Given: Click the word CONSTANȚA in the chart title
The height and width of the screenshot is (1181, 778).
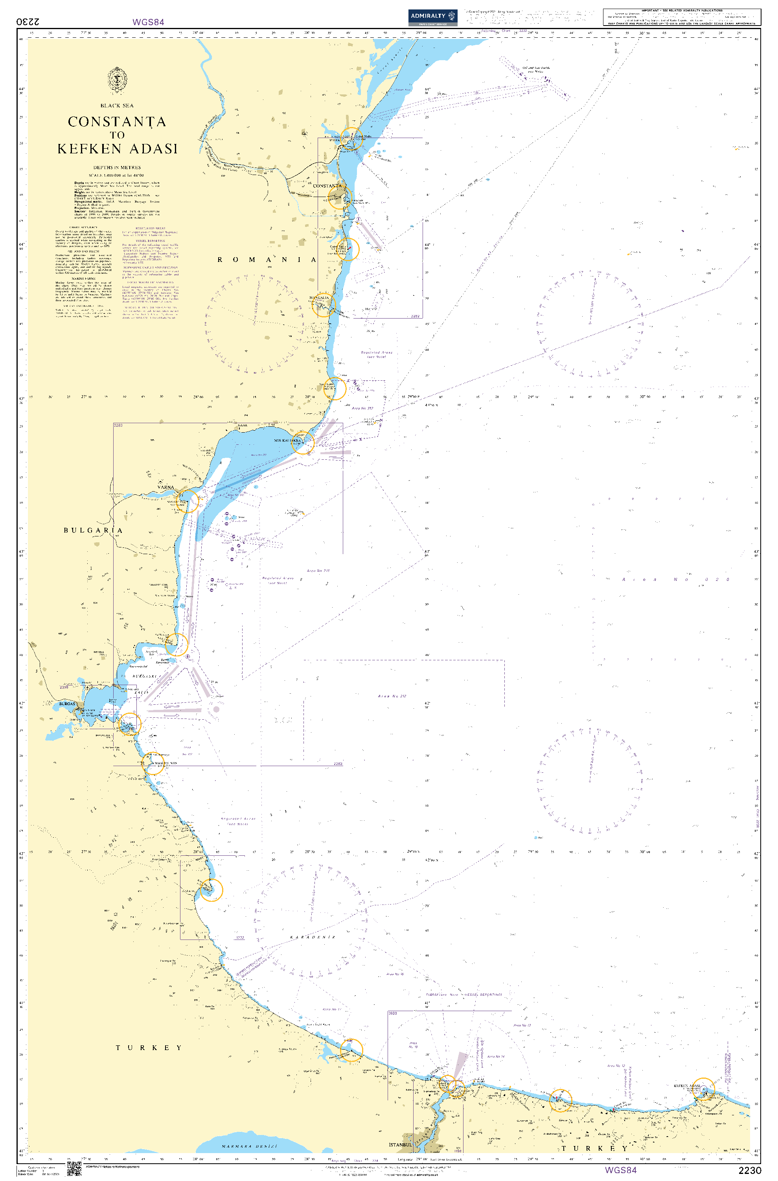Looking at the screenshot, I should pos(117,122).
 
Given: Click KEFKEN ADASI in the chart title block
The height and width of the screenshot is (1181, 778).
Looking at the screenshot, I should pos(117,149).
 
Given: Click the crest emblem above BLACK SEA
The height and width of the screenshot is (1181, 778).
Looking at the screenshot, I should pos(117,80).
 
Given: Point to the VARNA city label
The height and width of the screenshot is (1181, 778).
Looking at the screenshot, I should pos(166,487).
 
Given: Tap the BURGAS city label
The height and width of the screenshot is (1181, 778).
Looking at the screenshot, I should pos(67,704).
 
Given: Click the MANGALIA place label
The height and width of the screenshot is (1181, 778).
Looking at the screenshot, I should pos(319,298).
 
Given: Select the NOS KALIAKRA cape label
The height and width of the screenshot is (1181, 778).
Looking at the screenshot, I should pos(287,440).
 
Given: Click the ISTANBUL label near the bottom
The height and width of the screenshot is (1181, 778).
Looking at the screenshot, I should pos(400,1144).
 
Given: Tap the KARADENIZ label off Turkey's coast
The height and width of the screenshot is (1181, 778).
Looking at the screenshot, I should pos(313,937).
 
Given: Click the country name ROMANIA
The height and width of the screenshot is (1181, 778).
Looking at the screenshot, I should pos(267,260).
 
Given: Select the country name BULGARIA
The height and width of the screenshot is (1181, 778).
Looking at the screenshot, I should pos(93,531).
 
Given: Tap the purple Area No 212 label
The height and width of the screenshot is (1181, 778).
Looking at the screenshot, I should pos(392,696).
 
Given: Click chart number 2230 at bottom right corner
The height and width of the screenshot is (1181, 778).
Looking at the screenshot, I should pos(749,1170).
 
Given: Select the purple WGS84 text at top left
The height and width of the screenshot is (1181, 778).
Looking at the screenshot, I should pos(148,22).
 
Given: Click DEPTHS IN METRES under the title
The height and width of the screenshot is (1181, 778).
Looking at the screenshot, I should pos(117,168).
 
